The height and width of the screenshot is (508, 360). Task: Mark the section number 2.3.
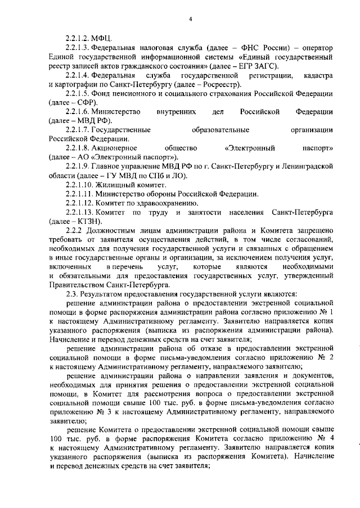pyautogui.click(x=71, y=294)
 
